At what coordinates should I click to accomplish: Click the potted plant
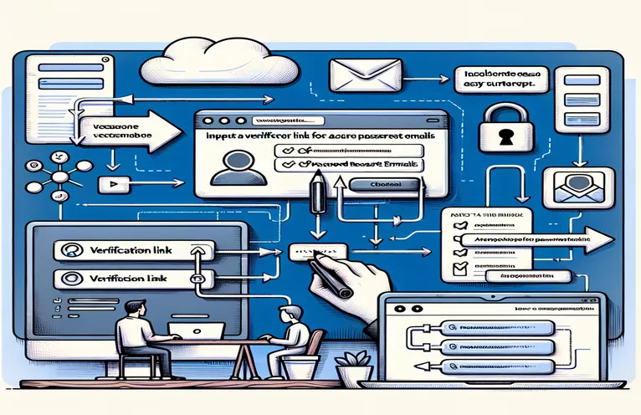(x=352, y=367)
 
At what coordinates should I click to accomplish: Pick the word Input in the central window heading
(x=219, y=136)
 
